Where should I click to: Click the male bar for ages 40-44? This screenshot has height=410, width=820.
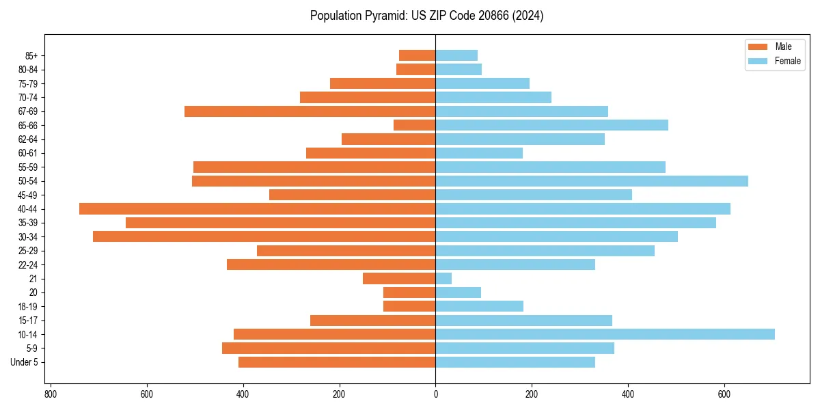pyautogui.click(x=257, y=209)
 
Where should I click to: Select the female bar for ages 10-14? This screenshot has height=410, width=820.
pyautogui.click(x=605, y=334)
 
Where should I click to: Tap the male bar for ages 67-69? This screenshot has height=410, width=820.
pyautogui.click(x=310, y=111)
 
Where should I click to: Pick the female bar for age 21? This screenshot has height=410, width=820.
pyautogui.click(x=443, y=279)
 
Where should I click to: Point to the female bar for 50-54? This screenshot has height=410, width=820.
pyautogui.click(x=592, y=181)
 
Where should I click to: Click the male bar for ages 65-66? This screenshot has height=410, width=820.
pyautogui.click(x=414, y=125)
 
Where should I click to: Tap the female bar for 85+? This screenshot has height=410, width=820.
pyautogui.click(x=456, y=55)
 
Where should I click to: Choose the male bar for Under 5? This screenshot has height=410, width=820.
pyautogui.click(x=337, y=362)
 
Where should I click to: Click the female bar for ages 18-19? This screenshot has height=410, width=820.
pyautogui.click(x=479, y=306)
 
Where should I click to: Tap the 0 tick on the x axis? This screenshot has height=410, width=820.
pyautogui.click(x=435, y=394)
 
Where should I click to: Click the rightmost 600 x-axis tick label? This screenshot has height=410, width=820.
pyautogui.click(x=724, y=394)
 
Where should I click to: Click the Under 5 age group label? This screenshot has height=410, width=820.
pyautogui.click(x=24, y=362)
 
